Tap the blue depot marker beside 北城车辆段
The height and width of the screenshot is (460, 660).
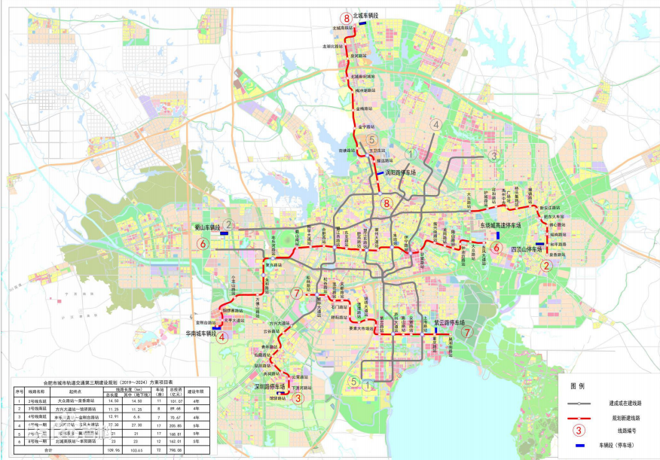(362, 23)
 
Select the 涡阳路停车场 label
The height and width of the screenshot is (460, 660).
(401, 172)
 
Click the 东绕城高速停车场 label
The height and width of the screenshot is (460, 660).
(502, 225)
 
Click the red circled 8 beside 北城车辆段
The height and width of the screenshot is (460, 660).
(346, 18)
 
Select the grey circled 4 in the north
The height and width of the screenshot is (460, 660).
(435, 125)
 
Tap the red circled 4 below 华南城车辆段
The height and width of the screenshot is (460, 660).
(222, 337)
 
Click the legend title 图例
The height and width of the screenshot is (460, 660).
(578, 385)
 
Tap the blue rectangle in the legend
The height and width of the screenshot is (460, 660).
(578, 446)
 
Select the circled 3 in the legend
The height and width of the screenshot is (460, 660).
(579, 431)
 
